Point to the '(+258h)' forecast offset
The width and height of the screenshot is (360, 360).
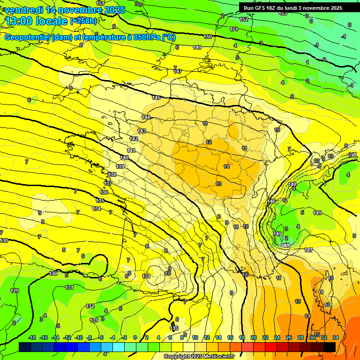pos(84,21)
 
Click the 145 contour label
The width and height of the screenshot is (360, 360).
pos(156,97)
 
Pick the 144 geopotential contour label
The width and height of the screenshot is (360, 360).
pos(146,117)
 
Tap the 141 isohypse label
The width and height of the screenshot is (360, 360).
pos(131,150)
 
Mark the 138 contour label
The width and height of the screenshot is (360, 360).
pos(112,174)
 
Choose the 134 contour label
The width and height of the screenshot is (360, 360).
pos(97,209)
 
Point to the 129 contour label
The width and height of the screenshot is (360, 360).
pos(15,291)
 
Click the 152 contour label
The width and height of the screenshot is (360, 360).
pos(244,20)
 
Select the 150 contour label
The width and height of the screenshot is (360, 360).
pos(208,37)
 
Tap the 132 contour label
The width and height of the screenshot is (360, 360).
pos(90,306)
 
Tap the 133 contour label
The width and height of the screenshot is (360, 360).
pos(94,320)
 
